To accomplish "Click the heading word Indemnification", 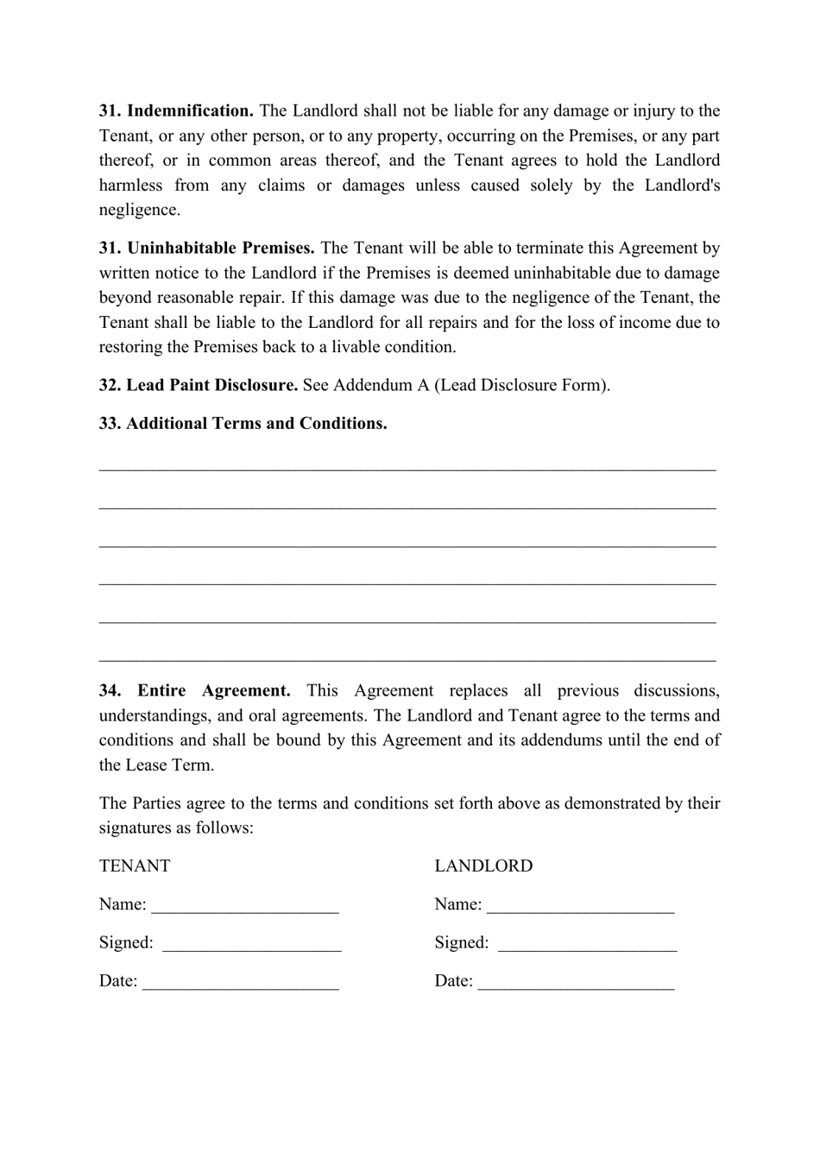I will tap(190, 110).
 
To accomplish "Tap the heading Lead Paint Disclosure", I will tap(211, 385).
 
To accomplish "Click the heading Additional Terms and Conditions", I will tap(256, 423).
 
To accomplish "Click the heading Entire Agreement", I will tap(214, 690).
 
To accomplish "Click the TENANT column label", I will tap(135, 866).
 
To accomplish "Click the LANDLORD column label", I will tap(483, 866).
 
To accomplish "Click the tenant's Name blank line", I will tap(245, 906).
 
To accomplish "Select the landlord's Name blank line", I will tap(580, 906).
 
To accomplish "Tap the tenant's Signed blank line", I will tap(251, 944).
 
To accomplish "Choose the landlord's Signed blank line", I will tap(587, 944).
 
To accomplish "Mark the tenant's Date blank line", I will tap(240, 982).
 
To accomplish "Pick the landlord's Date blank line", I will tap(576, 982).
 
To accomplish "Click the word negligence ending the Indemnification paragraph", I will tap(138, 210).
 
